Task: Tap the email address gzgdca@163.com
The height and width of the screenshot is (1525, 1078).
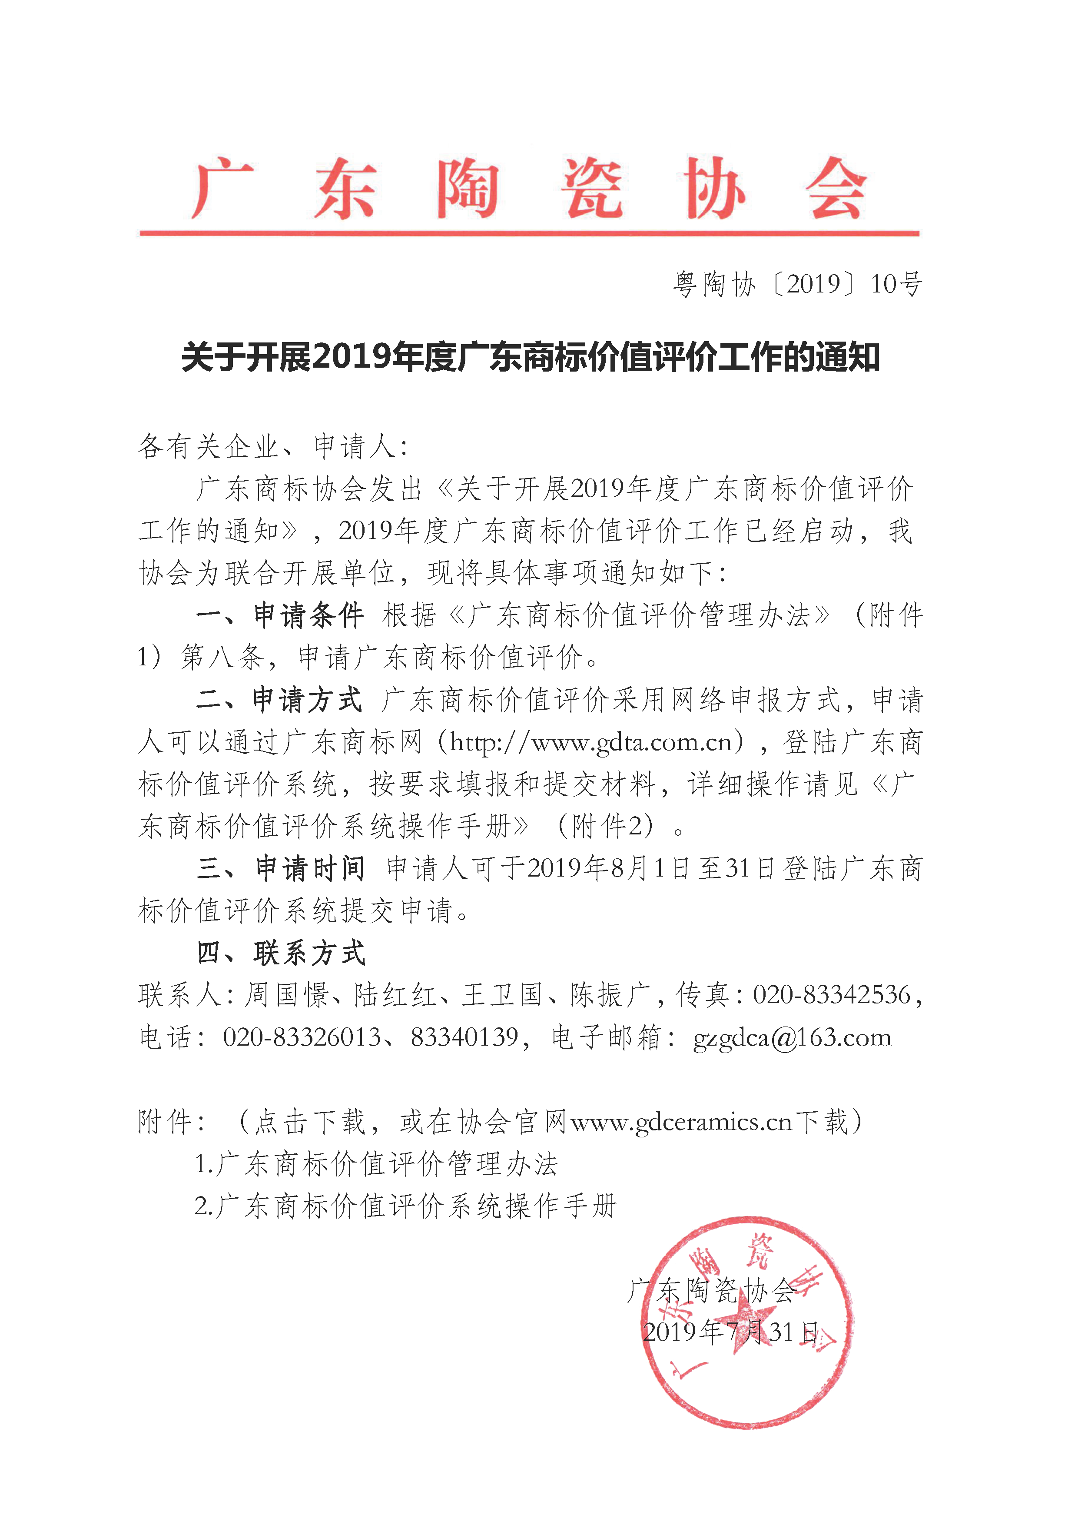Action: pos(792,1037)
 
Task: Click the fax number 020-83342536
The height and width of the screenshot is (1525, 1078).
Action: pos(832,995)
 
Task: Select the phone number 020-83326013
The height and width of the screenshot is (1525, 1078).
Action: pos(302,1037)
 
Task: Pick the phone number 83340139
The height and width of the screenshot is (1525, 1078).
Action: pos(464,1037)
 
